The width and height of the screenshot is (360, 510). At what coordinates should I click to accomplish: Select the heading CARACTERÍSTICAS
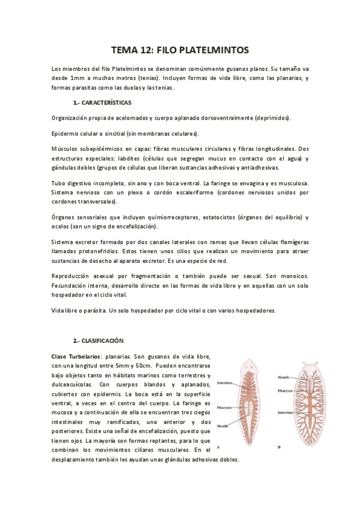pyautogui.click(x=106, y=103)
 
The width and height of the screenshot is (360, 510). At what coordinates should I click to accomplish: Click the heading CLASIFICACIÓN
pyautogui.click(x=102, y=340)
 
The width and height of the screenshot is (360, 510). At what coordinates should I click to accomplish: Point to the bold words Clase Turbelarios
pyautogui.click(x=76, y=356)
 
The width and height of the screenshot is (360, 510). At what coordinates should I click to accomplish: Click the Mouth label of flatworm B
pyautogui.click(x=283, y=377)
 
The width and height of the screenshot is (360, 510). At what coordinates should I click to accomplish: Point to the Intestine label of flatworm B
pyautogui.click(x=285, y=413)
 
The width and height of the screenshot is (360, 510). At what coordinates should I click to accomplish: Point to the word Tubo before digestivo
pyautogui.click(x=60, y=182)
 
